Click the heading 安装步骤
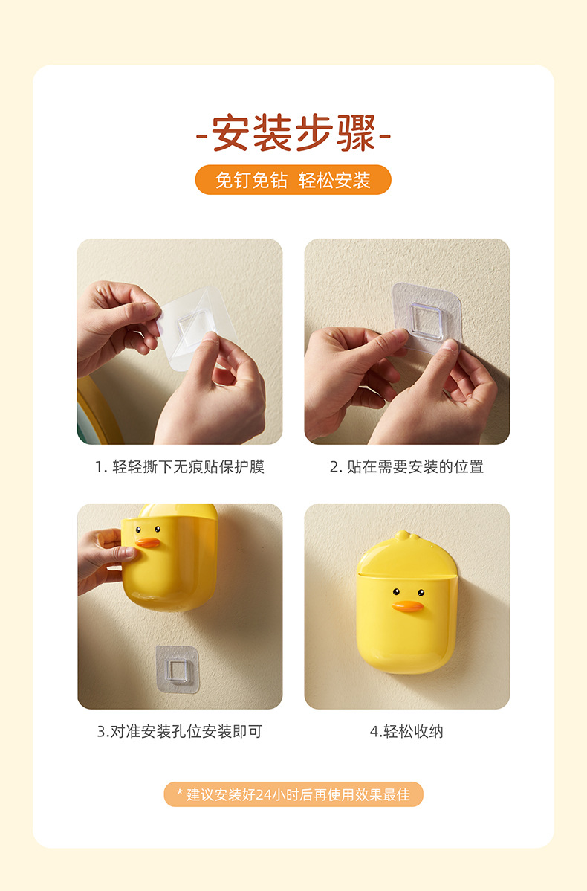tap(293, 133)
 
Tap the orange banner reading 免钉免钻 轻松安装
tap(293, 180)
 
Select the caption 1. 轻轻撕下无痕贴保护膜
tap(180, 467)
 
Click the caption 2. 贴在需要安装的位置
tap(406, 467)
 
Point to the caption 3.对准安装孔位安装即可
tap(180, 731)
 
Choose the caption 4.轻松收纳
tap(406, 731)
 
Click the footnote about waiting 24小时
tap(293, 794)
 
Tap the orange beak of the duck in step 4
tap(408, 606)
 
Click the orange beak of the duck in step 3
tap(148, 542)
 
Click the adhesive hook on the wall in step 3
tap(177, 669)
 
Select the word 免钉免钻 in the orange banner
tap(250, 180)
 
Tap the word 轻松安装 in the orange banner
tap(334, 180)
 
